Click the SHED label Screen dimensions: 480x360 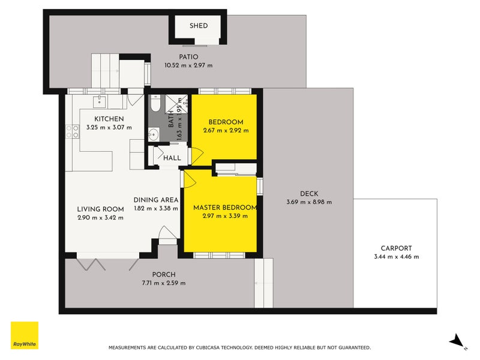coord(199,26)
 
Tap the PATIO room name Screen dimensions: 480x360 coord(188,57)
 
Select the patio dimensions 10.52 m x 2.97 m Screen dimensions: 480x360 coord(188,65)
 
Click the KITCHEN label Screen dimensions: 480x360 coord(109,119)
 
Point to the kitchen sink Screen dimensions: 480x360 coord(99,101)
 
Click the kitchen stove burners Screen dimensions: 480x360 coord(73,131)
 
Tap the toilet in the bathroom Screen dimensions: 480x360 coord(155,103)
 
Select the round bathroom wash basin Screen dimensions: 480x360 coord(154,134)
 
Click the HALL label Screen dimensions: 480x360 coord(172,158)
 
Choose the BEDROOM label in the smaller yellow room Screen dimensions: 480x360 coord(226,122)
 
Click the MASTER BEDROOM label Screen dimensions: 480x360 coord(225,208)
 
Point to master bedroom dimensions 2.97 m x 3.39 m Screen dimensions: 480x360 coord(225,216)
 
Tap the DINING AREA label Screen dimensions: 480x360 coord(156,200)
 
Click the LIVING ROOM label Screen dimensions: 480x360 coord(100,209)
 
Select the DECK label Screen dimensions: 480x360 coord(309,193)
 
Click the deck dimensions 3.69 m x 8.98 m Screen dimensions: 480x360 coord(309,202)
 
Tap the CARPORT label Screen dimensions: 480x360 coord(397,248)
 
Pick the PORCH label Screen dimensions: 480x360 coord(164,275)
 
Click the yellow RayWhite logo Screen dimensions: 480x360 coord(25,335)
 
